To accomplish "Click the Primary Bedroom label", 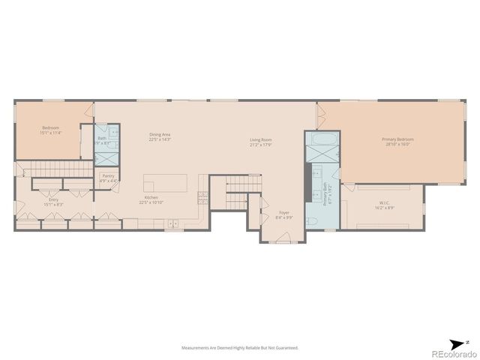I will pyautogui.click(x=397, y=139).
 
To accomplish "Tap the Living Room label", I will pyautogui.click(x=260, y=139).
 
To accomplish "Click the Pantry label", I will pyautogui.click(x=108, y=176).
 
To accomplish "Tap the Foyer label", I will pyautogui.click(x=284, y=212).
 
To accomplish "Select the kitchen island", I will pyautogui.click(x=165, y=183).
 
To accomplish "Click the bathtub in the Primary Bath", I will pyautogui.click(x=322, y=140).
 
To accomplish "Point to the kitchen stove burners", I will pyautogui.click(x=202, y=197).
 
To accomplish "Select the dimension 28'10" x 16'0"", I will pyautogui.click(x=397, y=144).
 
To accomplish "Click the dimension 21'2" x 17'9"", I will pyautogui.click(x=260, y=145).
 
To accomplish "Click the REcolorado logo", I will pyautogui.click(x=448, y=353).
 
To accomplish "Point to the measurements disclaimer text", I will pyautogui.click(x=239, y=348).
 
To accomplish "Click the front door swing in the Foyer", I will pyautogui.click(x=283, y=237).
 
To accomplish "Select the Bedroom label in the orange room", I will pyautogui.click(x=50, y=127).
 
